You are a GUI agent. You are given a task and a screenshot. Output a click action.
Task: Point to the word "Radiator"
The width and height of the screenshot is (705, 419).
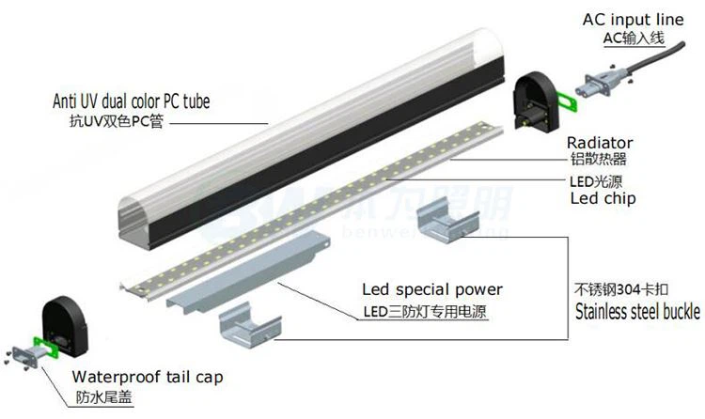600,142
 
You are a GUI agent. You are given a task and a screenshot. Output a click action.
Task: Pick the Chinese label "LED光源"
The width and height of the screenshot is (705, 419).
597,181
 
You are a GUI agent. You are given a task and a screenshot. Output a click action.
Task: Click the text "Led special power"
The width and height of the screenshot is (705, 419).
432,288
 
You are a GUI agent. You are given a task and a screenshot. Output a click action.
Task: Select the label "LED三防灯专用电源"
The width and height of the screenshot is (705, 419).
425,311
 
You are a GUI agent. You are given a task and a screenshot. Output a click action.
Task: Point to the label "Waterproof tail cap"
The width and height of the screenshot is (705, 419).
148,378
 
